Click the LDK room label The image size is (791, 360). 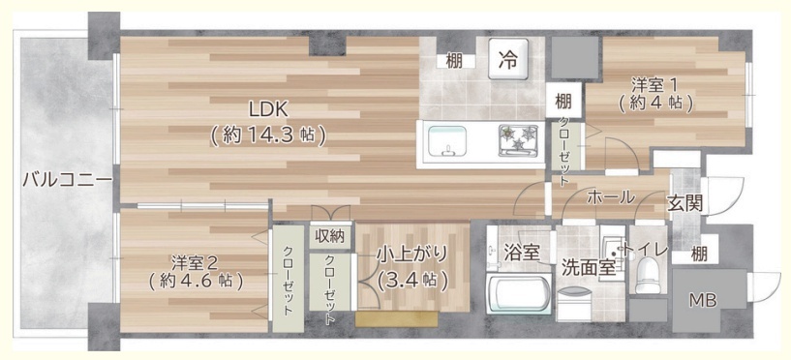click(x=267, y=109)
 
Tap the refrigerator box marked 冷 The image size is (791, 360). click(x=508, y=58)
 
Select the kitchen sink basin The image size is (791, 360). click(x=447, y=141)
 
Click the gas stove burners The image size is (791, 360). click(x=518, y=137)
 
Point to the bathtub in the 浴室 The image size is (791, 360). click(x=519, y=295)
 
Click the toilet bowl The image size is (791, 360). click(x=648, y=275)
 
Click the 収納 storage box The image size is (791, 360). click(x=330, y=236)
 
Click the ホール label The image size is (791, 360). click(x=610, y=197)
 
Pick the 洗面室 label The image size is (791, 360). click(x=589, y=268)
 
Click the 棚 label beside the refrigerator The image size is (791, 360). click(x=454, y=61)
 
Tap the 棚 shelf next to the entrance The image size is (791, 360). click(x=699, y=255)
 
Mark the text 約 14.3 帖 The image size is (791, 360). click(x=267, y=135)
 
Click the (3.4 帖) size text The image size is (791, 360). click(x=412, y=280)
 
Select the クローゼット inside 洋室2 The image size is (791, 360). click(x=288, y=281)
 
